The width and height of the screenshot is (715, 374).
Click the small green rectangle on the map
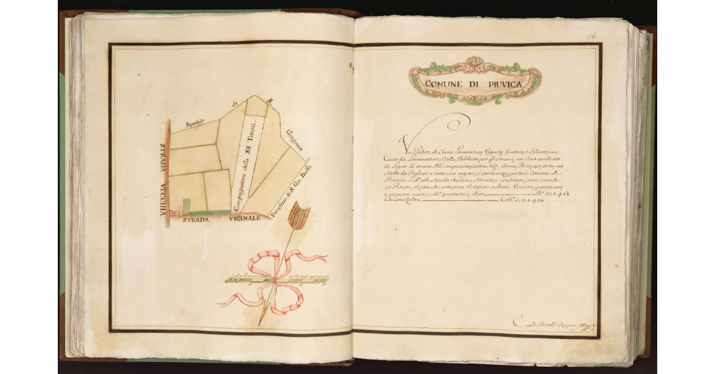[x=186, y=206]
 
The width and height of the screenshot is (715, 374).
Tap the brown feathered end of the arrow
[x=299, y=216]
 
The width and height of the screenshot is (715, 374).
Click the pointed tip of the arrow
[x=260, y=324]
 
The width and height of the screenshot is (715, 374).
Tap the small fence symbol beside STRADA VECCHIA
[x=175, y=213]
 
